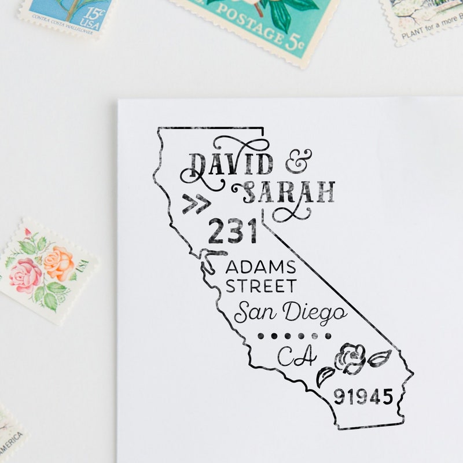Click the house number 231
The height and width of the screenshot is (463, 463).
(233, 231)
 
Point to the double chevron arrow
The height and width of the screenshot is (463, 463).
(195, 204)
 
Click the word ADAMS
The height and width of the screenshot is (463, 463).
(260, 267)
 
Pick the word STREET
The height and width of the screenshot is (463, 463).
(260, 286)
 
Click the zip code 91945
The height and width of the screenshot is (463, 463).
(363, 398)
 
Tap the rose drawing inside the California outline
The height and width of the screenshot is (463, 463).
(350, 359)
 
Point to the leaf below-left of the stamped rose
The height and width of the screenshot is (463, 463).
(325, 376)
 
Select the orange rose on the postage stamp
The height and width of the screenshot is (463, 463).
(59, 263)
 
